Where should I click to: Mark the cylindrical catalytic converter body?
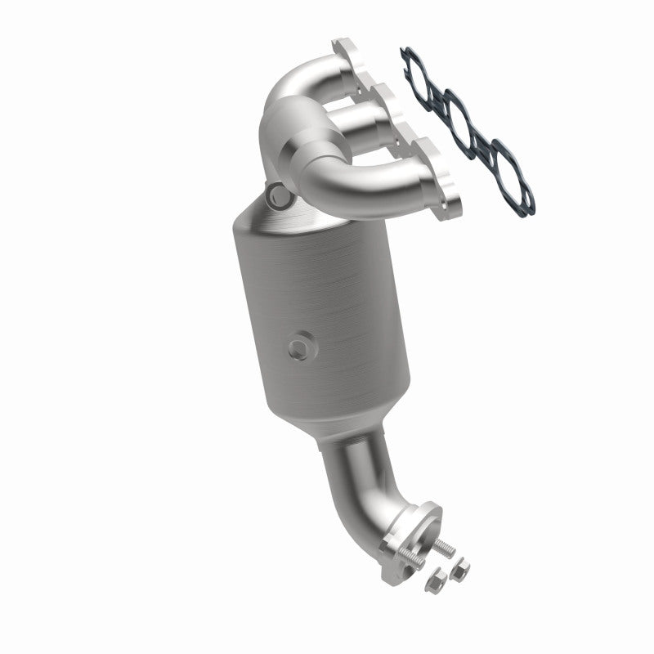pyautogui.click(x=319, y=319)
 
